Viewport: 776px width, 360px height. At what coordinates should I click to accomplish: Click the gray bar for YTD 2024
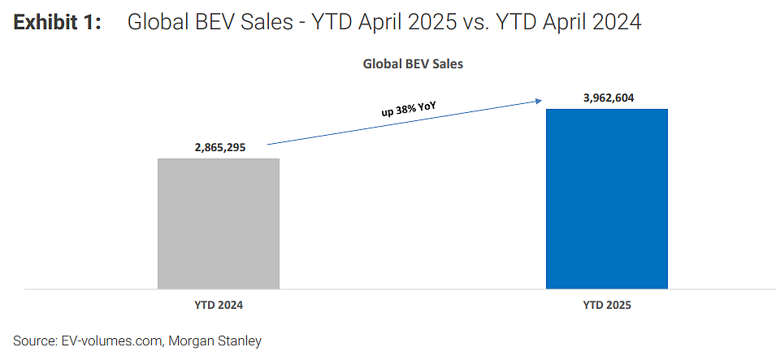219,223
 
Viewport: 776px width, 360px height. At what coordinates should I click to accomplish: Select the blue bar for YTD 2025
607,198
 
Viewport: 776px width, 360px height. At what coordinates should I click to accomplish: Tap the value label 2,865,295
219,148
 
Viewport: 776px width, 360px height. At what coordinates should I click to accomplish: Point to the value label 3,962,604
606,98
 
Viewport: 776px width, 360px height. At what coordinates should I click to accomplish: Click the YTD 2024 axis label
219,306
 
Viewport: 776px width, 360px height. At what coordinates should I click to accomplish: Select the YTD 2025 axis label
607,306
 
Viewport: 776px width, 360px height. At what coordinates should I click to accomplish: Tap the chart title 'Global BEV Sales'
413,64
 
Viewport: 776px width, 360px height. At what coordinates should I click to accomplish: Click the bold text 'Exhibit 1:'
58,23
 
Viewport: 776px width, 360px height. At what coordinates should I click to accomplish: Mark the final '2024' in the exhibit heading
618,23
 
